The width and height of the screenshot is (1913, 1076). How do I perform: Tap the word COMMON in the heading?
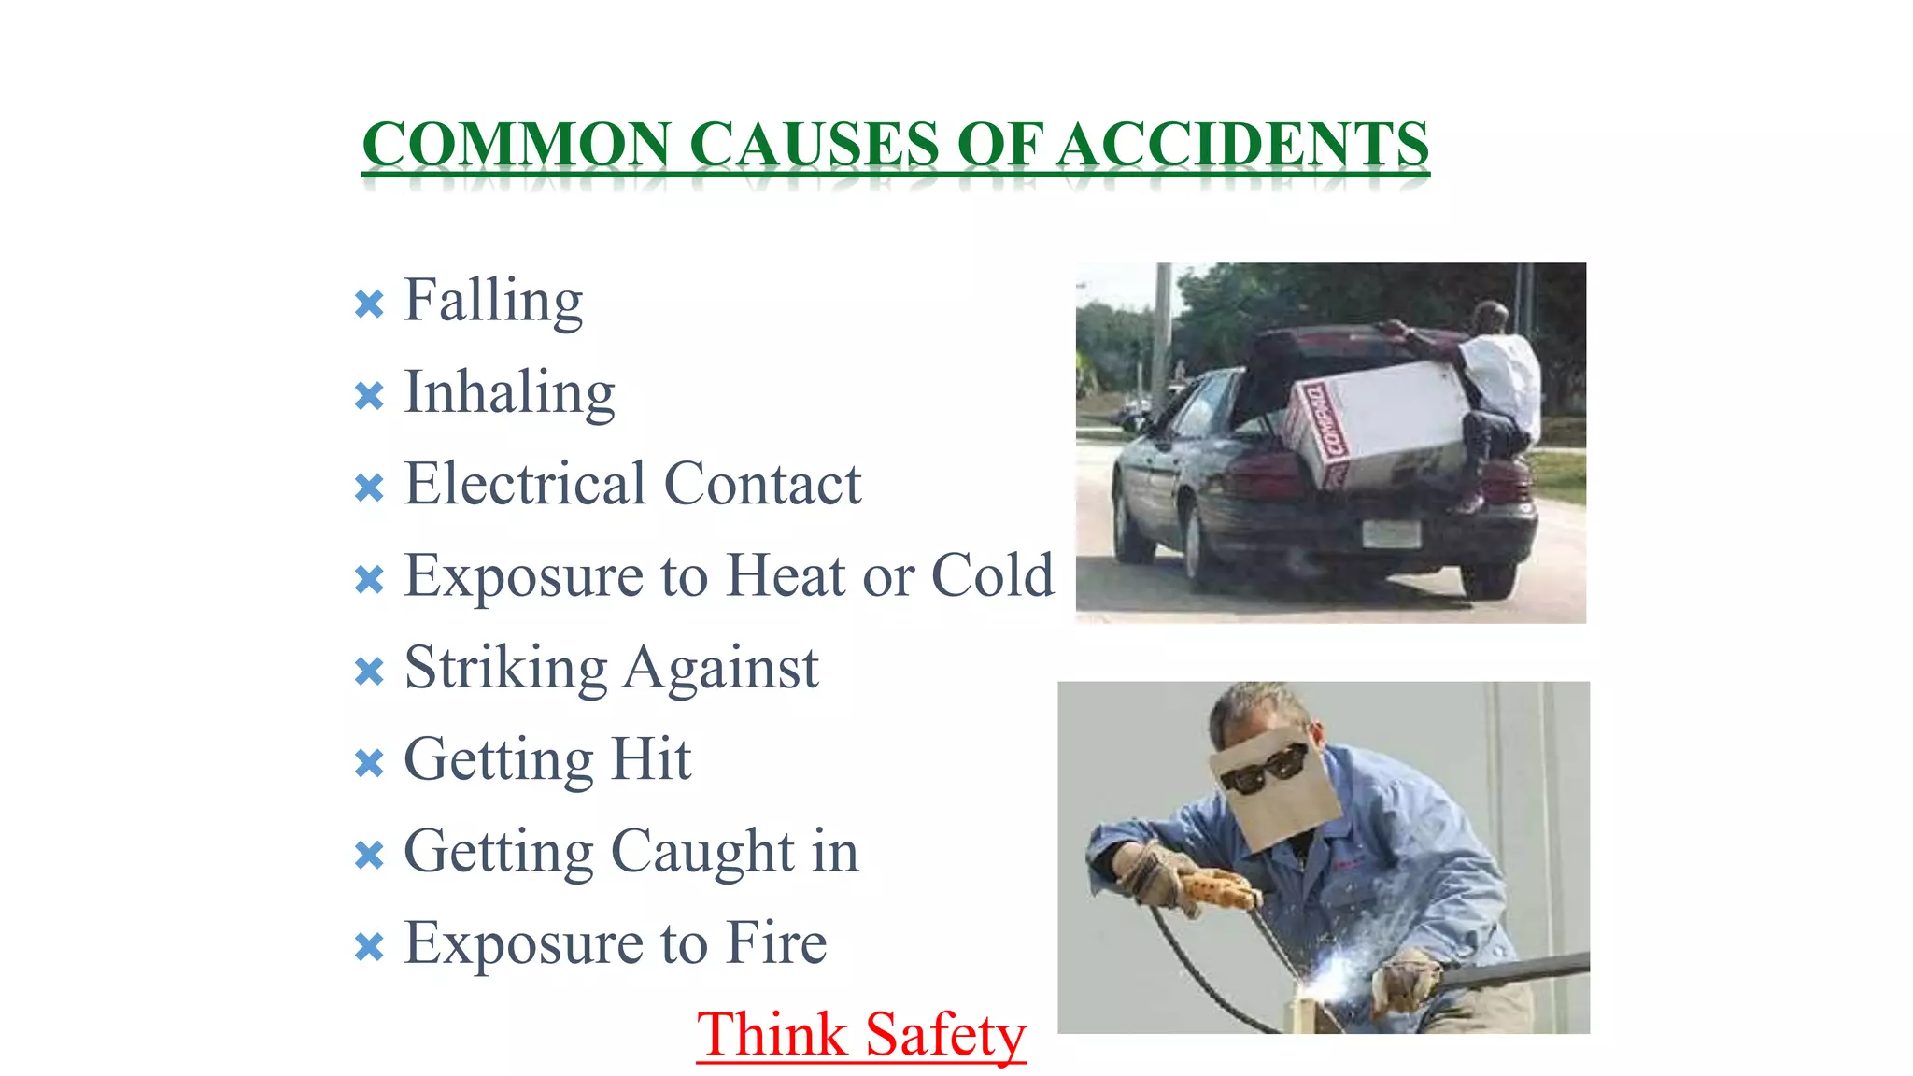(x=516, y=145)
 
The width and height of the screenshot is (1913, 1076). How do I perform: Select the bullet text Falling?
(x=493, y=301)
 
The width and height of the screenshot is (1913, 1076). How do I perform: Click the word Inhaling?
(x=509, y=392)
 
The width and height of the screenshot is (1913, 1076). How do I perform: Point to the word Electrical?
(x=525, y=484)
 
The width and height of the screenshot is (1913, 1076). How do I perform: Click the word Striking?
(x=505, y=669)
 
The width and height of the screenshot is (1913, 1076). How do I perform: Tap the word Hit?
(x=651, y=758)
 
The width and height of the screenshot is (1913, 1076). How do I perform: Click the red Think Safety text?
(x=861, y=1035)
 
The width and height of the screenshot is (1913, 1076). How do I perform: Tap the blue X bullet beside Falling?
(x=369, y=304)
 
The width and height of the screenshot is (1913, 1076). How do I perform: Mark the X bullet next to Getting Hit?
(x=369, y=763)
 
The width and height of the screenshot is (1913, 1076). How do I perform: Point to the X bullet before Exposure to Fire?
(x=369, y=947)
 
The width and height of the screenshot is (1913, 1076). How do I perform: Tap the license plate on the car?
(x=1391, y=533)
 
